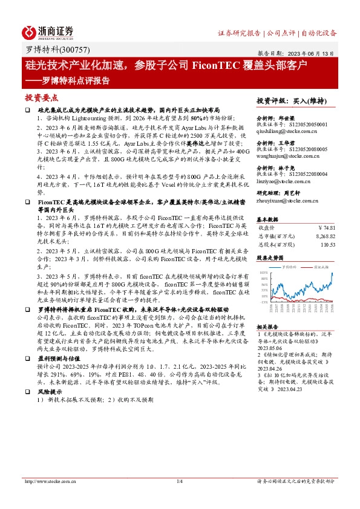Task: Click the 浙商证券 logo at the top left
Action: (48, 31)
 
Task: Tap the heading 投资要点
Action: (41, 97)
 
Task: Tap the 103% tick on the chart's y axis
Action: (264, 273)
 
